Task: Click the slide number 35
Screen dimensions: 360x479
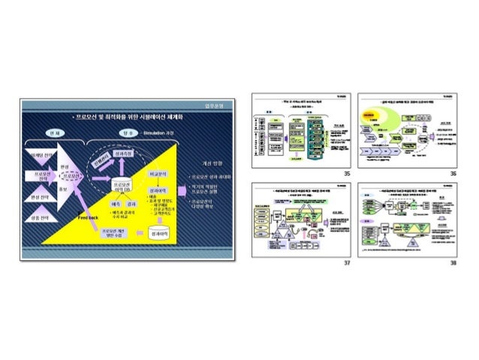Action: (346, 173)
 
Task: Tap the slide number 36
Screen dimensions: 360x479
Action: (453, 173)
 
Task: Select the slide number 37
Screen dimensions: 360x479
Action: (346, 263)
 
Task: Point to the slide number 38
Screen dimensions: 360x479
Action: (453, 263)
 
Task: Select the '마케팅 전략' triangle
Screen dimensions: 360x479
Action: (38, 156)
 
